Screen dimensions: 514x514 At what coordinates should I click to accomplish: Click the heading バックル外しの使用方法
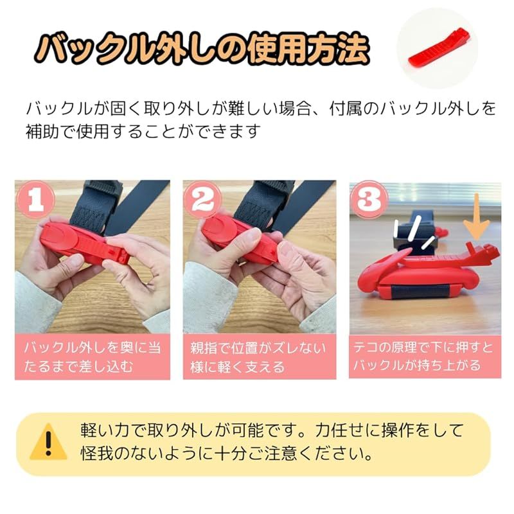[x=202, y=47]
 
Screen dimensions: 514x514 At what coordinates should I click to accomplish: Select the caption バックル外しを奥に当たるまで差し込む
[x=92, y=357]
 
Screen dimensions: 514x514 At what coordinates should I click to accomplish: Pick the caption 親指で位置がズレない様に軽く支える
[x=258, y=357]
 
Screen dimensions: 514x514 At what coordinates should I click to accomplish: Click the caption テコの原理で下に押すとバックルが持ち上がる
[x=425, y=357]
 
